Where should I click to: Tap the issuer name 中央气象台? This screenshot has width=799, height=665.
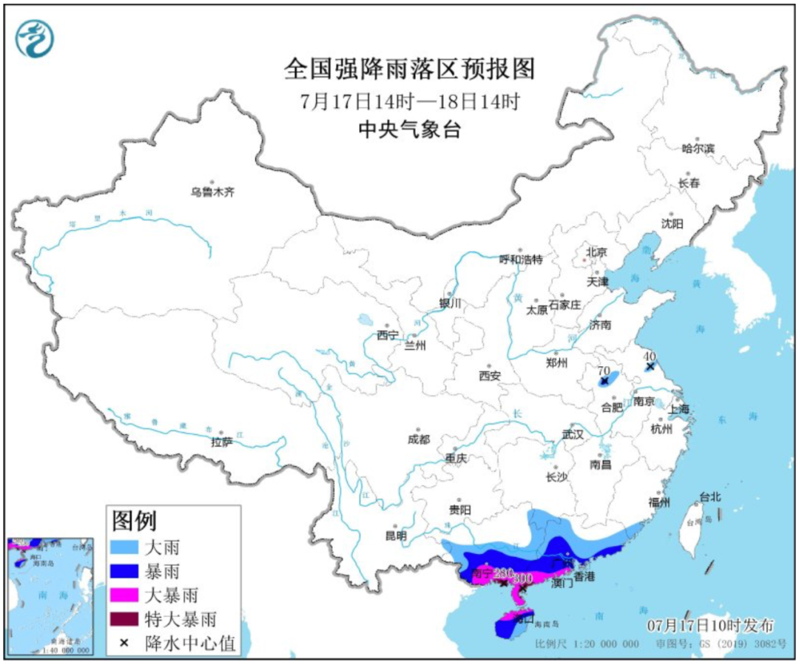408,130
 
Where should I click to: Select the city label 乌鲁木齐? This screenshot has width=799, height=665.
212,192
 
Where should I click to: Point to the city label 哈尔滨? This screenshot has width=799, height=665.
698,148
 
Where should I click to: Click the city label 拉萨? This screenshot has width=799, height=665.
221,442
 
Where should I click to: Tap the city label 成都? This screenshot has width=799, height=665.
418,439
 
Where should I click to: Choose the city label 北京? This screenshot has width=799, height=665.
596,252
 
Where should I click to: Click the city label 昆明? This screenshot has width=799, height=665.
396,536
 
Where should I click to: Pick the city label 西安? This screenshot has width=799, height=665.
490,376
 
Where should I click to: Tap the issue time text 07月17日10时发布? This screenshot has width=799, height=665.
709,625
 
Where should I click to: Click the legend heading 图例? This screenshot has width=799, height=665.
134,521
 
